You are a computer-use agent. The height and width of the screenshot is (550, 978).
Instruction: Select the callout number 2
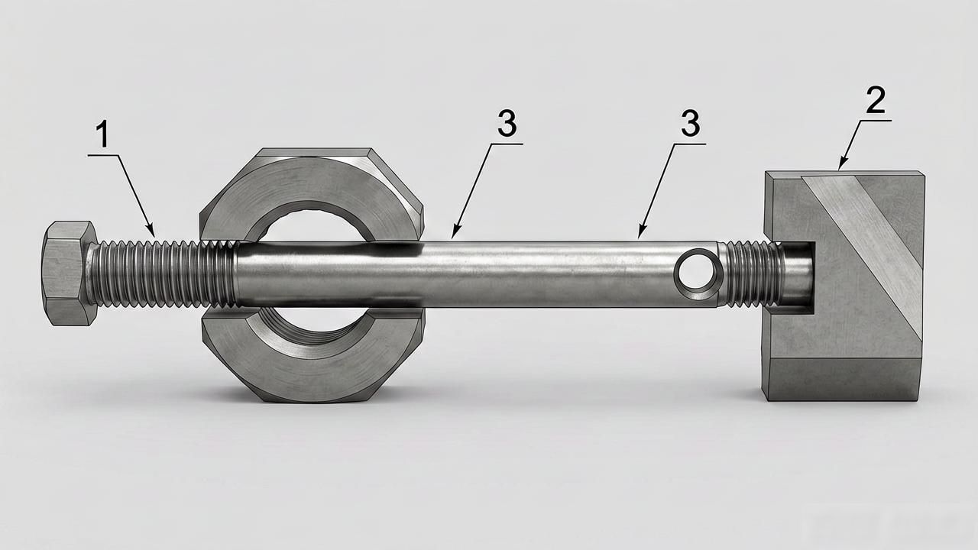tap(876, 100)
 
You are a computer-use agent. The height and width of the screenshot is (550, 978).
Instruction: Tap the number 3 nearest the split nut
tap(507, 123)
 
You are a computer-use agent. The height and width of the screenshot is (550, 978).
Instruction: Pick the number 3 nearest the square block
tap(690, 123)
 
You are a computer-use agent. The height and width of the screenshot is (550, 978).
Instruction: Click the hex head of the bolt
tap(70, 273)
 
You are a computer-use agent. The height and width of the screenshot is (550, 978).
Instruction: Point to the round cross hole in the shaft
tap(698, 274)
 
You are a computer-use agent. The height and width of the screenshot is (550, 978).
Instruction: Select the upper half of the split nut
tap(311, 195)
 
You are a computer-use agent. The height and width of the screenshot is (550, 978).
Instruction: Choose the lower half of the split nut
tap(313, 354)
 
